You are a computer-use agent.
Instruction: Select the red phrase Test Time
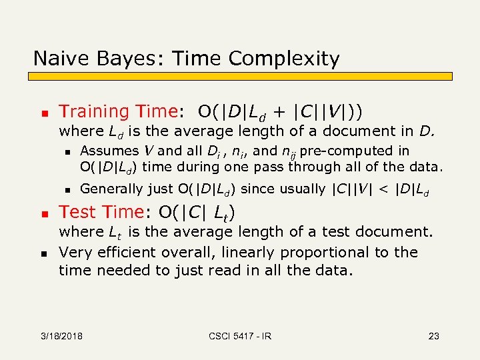(x=101, y=212)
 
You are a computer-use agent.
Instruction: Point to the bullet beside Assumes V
(x=67, y=152)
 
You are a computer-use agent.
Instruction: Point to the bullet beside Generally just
(x=67, y=190)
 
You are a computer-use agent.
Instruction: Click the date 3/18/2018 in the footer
(x=61, y=336)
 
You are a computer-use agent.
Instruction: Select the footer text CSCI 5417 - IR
(x=239, y=336)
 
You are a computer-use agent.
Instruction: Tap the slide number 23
(x=433, y=336)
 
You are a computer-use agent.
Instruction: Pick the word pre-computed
(x=369, y=151)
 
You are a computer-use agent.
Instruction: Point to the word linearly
(x=250, y=253)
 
